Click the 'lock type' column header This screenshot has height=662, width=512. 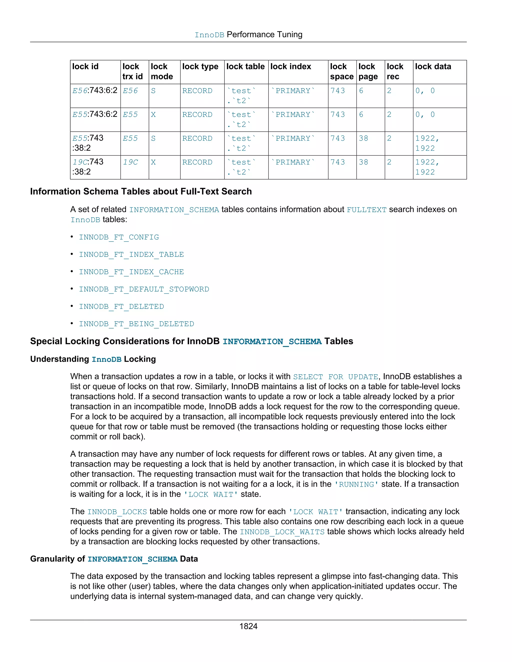(x=200, y=67)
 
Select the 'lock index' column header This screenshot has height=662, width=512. (x=290, y=67)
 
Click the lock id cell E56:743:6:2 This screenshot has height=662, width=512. (x=95, y=91)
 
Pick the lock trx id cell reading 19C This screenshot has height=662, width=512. (x=130, y=162)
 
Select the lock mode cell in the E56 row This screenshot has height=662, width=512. (x=153, y=91)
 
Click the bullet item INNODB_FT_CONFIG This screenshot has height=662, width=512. (x=119, y=237)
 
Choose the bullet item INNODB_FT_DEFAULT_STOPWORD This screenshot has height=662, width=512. (x=144, y=290)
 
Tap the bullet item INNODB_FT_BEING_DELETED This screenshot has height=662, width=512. (x=136, y=324)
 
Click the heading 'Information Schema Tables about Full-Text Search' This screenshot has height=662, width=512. (x=141, y=192)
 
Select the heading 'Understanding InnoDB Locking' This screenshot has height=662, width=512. (x=93, y=359)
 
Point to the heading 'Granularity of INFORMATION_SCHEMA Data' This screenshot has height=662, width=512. (x=114, y=559)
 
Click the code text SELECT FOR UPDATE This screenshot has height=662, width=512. (x=335, y=377)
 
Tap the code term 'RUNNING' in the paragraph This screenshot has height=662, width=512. (x=356, y=484)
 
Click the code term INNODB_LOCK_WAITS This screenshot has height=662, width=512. (x=282, y=532)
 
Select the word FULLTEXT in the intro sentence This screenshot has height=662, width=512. (x=366, y=210)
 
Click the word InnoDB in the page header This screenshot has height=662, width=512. (x=209, y=35)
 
